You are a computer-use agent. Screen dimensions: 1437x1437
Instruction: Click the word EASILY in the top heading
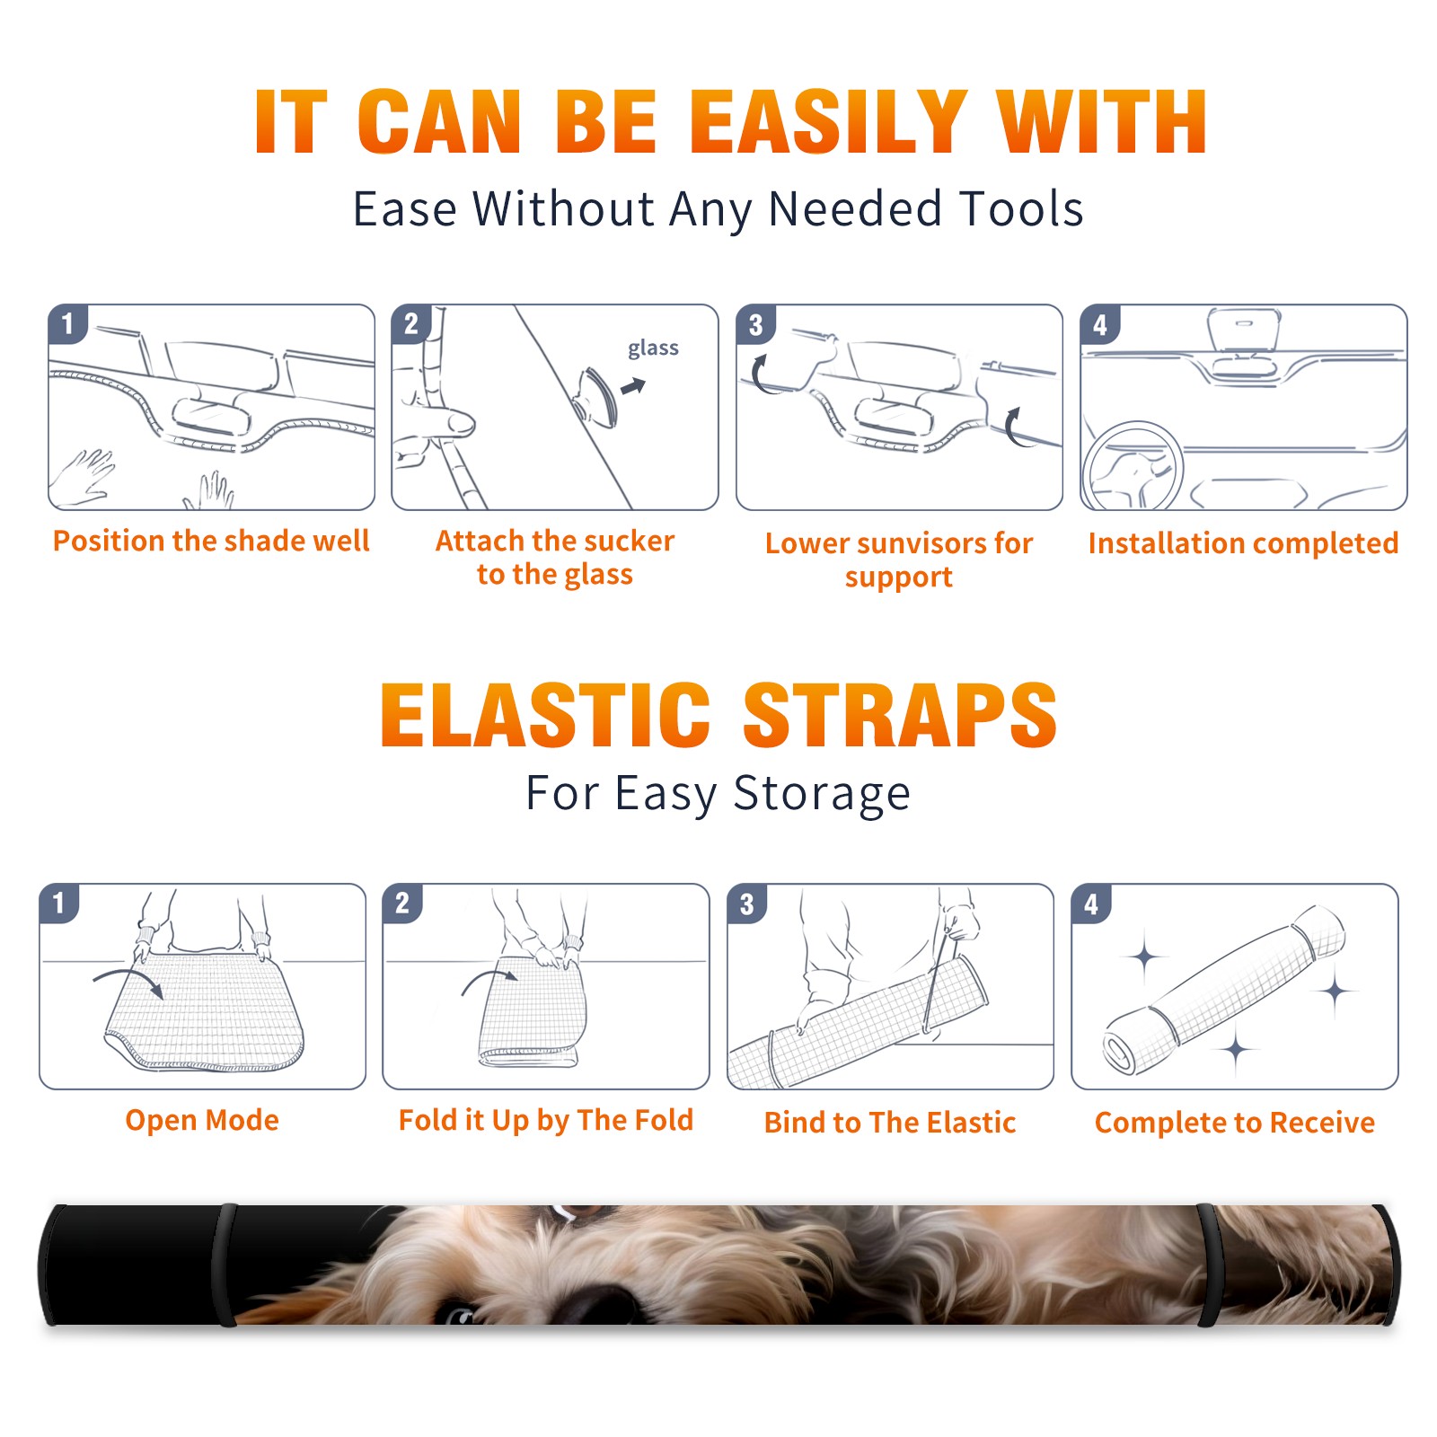point(828,122)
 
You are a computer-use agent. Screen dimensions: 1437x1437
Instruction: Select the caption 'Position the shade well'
point(211,541)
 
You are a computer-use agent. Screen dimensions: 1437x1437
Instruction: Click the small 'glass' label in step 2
point(653,348)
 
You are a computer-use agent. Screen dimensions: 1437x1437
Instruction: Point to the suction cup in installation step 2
point(595,397)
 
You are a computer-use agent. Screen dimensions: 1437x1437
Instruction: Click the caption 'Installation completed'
point(1243,543)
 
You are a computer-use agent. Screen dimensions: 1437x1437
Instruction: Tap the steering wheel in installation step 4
point(1133,467)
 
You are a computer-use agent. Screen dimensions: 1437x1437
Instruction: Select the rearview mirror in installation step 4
point(1243,331)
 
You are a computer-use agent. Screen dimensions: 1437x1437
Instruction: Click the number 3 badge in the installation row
point(755,324)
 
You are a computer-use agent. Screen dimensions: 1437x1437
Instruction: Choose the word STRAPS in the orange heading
point(900,715)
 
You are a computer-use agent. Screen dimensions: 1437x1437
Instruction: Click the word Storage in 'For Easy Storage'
point(822,794)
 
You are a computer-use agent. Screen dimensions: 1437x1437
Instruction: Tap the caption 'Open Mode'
point(202,1120)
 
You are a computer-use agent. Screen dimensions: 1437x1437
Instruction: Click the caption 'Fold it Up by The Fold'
point(546,1121)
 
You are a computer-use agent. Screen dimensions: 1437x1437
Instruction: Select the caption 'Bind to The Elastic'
point(890,1123)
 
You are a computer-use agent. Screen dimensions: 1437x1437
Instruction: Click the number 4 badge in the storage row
point(1091,904)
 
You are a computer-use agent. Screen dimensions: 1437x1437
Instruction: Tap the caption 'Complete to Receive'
point(1235,1123)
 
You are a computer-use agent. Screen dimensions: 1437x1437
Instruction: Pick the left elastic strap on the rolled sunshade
point(225,1265)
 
